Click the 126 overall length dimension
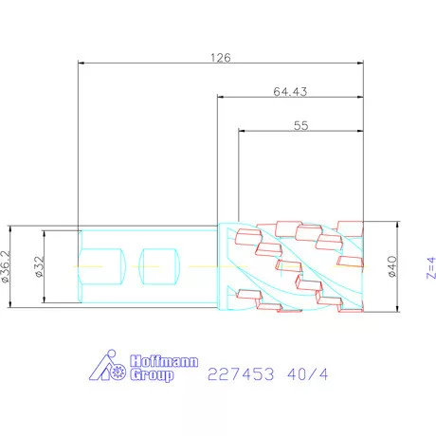tap(221, 58)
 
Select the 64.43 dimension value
tap(290, 92)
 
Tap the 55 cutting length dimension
tap(300, 126)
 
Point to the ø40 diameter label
tap(391, 266)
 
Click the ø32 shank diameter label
tap(40, 266)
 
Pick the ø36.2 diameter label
tap(6, 266)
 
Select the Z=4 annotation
tap(431, 268)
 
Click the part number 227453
tap(241, 374)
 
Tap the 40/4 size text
tap(308, 374)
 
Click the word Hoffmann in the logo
tap(164, 361)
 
